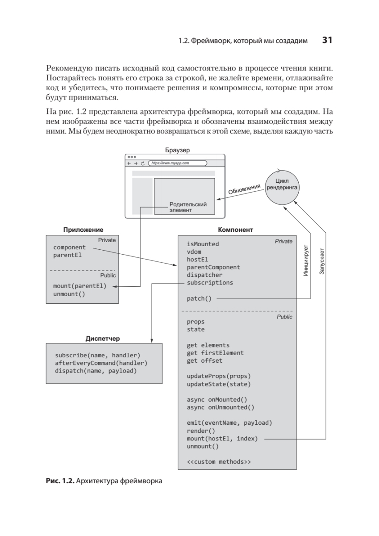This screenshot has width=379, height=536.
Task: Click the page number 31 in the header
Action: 327,41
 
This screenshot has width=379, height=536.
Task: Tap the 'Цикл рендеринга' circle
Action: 282,184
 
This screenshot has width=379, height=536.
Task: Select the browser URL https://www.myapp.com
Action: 171,163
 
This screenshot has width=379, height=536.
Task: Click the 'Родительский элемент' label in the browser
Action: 188,207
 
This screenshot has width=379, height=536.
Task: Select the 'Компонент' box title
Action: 235,230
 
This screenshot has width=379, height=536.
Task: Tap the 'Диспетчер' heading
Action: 103,339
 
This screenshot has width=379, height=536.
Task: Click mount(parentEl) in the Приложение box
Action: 80,286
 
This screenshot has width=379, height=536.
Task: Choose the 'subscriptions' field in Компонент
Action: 210,283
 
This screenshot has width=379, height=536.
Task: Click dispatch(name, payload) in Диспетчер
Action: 96,371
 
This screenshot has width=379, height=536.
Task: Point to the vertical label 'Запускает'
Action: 322,261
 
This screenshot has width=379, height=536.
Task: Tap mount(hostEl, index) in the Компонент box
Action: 222,439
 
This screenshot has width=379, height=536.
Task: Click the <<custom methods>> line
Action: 219,461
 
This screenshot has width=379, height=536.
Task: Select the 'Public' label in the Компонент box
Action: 284,317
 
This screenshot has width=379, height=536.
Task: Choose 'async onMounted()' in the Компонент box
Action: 217,399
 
